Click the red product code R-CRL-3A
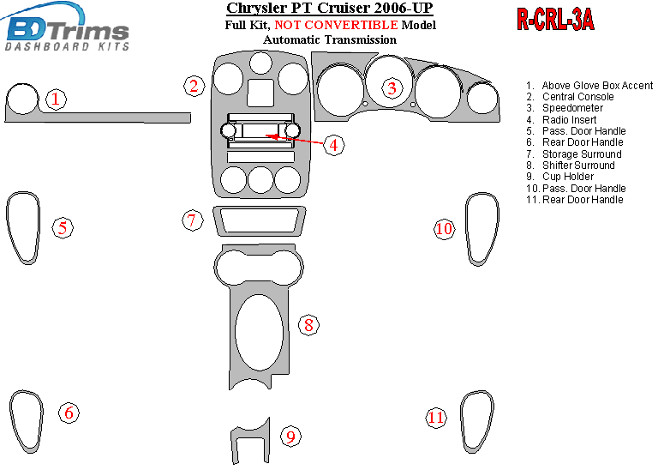(555, 20)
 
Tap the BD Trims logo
(66, 28)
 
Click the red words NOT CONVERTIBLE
(336, 25)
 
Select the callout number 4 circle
(333, 145)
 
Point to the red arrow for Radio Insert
(296, 140)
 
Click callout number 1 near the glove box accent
(56, 99)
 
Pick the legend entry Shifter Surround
(571, 166)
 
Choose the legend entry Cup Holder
(559, 177)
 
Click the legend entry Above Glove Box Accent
(589, 86)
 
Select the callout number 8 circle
(308, 325)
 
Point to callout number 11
(435, 418)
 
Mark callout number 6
(69, 413)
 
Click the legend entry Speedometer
(564, 108)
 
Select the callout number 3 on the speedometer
(392, 88)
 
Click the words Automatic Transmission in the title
(330, 40)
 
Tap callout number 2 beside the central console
(194, 86)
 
